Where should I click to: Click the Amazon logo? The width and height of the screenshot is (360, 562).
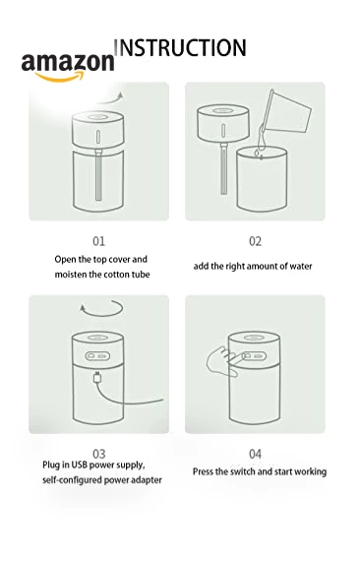[68, 67]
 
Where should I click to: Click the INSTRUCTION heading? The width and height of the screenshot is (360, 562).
[180, 47]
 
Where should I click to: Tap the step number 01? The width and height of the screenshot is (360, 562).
[99, 241]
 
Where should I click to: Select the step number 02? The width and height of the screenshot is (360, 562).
[255, 241]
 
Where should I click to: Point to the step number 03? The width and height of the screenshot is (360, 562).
[99, 454]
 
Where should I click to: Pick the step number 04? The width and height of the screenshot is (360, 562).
[255, 454]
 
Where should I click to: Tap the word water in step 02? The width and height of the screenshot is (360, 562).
[301, 267]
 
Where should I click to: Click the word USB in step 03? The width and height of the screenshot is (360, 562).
[79, 465]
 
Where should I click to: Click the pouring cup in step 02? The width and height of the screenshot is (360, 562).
[286, 112]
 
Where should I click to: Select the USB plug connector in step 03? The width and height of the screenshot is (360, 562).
[97, 377]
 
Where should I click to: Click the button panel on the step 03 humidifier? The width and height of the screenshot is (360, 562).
[97, 356]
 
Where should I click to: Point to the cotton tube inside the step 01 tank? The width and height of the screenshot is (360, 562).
[98, 175]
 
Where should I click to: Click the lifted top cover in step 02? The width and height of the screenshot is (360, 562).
[223, 124]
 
